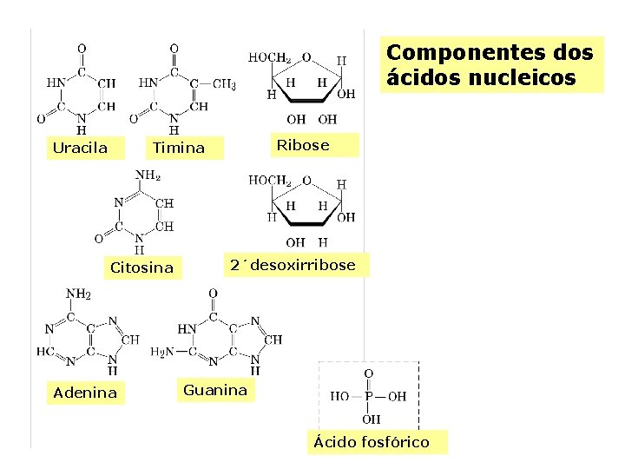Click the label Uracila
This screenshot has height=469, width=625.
point(80,148)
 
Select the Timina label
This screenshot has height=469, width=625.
point(178,148)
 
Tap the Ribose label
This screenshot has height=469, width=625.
point(302,145)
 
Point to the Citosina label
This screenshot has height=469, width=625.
point(141,268)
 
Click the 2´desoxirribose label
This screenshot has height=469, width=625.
point(293,265)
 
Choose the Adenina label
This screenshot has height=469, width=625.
point(85,393)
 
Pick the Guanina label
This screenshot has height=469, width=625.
point(214,391)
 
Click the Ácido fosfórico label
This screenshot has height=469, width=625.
point(371,442)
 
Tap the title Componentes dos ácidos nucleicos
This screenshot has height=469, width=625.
point(490,65)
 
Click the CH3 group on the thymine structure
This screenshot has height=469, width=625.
point(224,84)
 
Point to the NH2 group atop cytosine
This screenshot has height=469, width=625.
point(148,175)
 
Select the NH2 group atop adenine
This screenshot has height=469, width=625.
point(78,294)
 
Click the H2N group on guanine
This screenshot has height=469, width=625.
point(162,352)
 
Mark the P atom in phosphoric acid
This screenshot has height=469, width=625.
point(368,396)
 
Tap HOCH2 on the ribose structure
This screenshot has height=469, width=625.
point(270,57)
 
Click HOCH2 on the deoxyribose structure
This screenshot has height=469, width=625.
point(270,181)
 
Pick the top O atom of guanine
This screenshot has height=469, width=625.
point(213,294)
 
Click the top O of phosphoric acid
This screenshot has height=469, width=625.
point(368,373)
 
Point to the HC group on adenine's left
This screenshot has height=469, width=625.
point(45,352)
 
